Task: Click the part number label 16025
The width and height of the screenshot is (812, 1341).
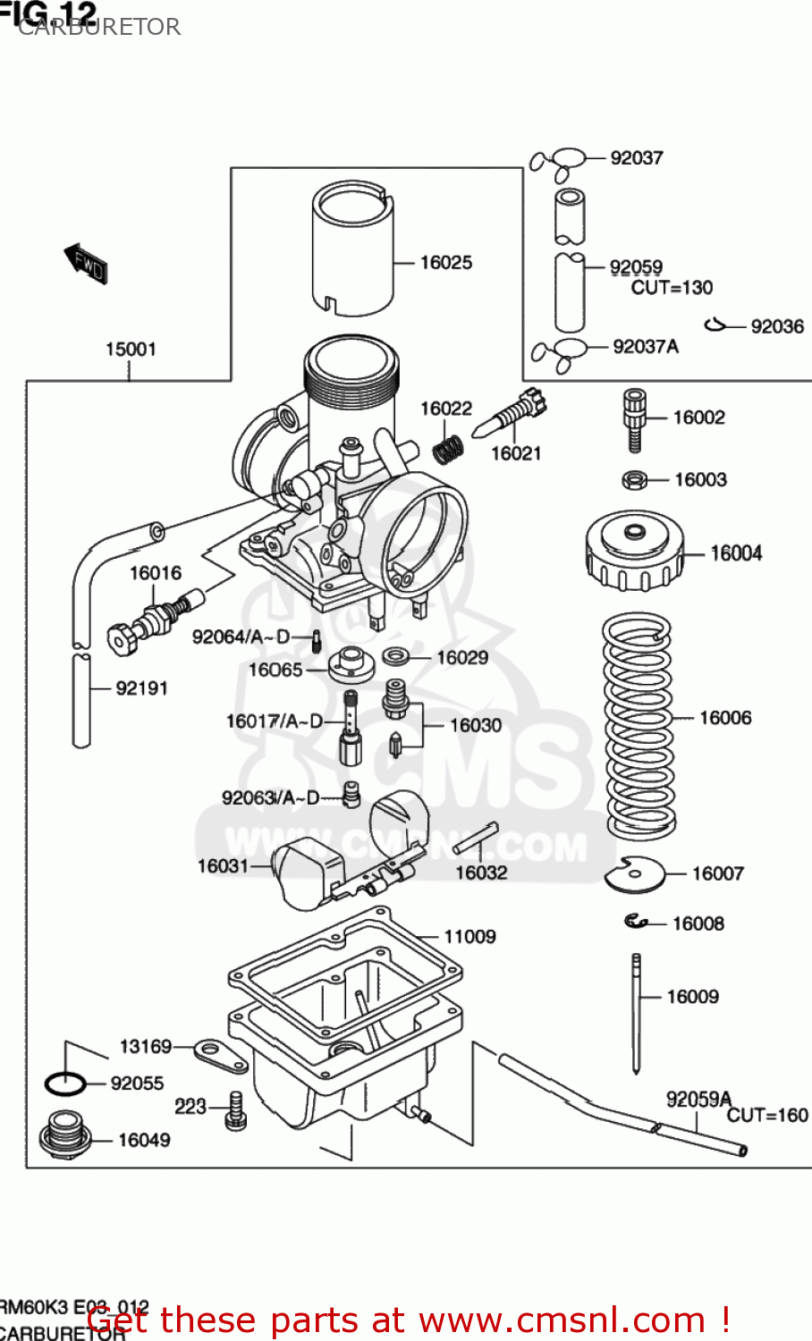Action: click(445, 263)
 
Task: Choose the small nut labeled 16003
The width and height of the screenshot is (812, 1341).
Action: click(634, 481)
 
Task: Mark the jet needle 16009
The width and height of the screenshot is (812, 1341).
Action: click(636, 1010)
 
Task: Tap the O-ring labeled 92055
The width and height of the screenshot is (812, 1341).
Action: click(65, 1084)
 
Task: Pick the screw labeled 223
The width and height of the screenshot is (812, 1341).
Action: click(236, 1110)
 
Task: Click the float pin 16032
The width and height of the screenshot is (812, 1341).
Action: click(475, 839)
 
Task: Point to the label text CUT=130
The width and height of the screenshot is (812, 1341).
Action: click(672, 288)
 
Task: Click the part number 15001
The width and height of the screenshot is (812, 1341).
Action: click(131, 350)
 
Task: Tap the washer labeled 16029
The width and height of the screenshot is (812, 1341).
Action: click(397, 657)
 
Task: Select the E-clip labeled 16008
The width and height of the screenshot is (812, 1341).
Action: click(636, 921)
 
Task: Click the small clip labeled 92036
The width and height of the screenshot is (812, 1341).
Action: click(715, 325)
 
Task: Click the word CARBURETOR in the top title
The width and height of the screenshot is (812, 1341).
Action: click(99, 27)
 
